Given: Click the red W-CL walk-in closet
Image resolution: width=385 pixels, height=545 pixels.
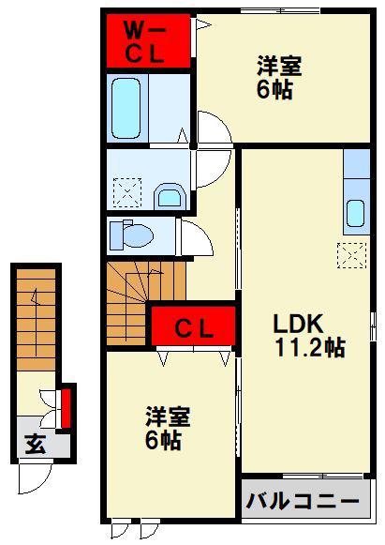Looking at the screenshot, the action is (148, 41).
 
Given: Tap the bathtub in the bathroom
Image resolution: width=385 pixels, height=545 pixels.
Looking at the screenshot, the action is (126, 108).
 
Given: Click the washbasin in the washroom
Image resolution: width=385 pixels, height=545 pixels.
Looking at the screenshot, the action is (170, 196).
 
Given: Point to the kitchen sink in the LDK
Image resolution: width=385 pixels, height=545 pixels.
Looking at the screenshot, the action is (355, 214).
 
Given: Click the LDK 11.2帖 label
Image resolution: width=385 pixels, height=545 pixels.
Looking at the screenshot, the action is (309, 336).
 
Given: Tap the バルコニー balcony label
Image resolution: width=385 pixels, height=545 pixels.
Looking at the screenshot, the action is (303, 502).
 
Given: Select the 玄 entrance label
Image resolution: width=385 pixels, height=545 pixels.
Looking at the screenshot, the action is (36, 445).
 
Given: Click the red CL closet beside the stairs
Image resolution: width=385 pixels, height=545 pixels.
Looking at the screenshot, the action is (193, 326).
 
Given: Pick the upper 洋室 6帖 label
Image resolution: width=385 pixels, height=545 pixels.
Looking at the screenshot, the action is (279, 78).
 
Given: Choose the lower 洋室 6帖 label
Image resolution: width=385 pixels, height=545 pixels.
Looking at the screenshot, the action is (168, 428).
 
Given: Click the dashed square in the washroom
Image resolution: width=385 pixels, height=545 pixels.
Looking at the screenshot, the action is (127, 193).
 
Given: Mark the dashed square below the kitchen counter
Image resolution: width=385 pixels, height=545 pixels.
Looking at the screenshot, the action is (351, 255).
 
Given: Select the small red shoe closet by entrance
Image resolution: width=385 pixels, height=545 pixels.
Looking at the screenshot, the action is (66, 408).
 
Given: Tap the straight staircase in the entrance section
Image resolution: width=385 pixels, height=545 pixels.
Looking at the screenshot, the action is (37, 320).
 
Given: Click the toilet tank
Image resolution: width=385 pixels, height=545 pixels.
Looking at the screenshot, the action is (117, 235).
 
